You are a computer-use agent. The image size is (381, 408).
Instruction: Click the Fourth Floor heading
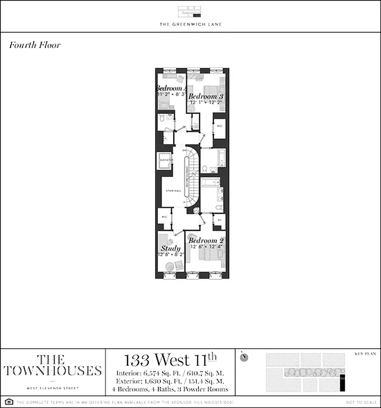(35, 45)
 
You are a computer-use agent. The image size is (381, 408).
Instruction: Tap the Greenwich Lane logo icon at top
(190, 12)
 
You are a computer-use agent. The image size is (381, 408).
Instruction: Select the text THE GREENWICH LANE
(190, 24)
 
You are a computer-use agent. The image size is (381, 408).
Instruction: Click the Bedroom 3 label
(206, 96)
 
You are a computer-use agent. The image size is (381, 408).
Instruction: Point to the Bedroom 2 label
(206, 240)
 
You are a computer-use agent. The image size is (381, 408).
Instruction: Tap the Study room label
(171, 248)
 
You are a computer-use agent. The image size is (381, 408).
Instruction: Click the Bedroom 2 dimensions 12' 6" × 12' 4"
(206, 247)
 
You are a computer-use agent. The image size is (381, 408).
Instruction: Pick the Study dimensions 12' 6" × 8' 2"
(171, 254)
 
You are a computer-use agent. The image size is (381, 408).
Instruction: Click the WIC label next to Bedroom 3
(220, 125)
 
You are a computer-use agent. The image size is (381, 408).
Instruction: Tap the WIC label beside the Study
(164, 217)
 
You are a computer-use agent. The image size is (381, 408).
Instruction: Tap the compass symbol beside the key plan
(245, 356)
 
